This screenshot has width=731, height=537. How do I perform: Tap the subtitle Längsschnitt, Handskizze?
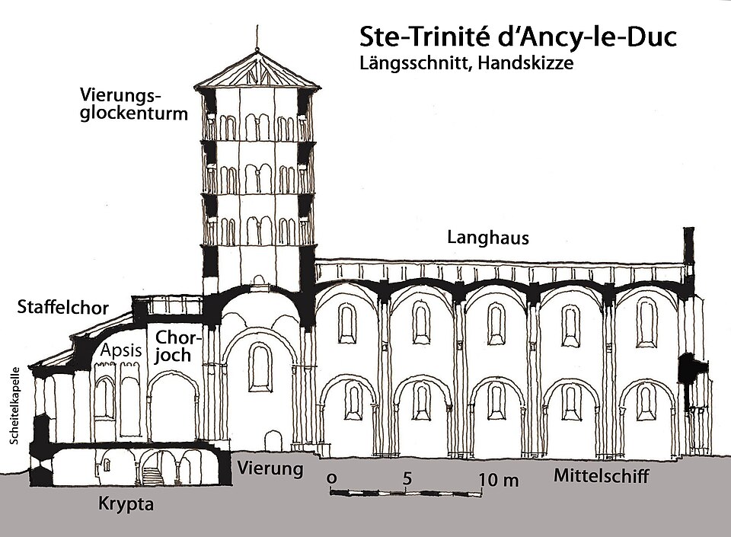pos(466,64)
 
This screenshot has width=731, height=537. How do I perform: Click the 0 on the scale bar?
pos(332,478)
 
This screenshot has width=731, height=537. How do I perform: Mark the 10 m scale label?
pos(498,479)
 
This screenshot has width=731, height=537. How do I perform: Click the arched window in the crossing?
pos(260,366)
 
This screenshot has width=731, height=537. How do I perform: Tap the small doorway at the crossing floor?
pos(272,440)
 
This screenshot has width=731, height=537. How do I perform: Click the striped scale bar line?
pos(406,493)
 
